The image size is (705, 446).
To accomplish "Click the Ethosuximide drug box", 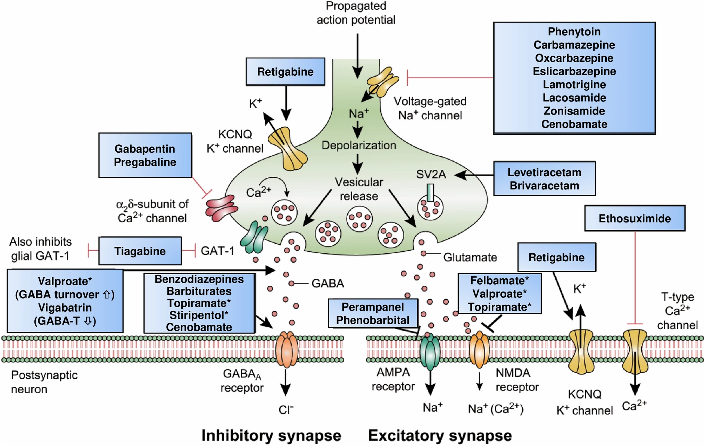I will pos(634,218).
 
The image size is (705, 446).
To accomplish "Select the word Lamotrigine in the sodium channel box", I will pos(574,84).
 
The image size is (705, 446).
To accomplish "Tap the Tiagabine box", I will pos(140,251).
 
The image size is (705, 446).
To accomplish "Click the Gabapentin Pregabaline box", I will pos(145,155).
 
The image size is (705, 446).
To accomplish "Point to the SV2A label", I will pos(431,174).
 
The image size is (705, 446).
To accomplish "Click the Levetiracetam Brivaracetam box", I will pos(544,179).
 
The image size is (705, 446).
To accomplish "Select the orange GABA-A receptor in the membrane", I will pos(287,350).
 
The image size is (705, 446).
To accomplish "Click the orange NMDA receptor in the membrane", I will pos(479,350).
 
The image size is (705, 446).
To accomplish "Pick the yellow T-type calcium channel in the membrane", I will pos(635,351).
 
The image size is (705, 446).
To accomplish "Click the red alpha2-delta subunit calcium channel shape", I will pos(221,208).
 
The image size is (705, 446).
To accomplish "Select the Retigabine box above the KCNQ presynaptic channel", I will pos(285,72).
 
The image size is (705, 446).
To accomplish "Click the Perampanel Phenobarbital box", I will pos(373,313).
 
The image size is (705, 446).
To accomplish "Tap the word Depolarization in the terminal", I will pos(358,145).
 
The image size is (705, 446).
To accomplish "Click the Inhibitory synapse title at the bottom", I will pos(271,435).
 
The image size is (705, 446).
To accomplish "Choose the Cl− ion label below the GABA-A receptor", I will pos(286,410).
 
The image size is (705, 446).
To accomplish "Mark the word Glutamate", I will pos(470,257).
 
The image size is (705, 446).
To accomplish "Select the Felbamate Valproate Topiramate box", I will pos(499,294).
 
